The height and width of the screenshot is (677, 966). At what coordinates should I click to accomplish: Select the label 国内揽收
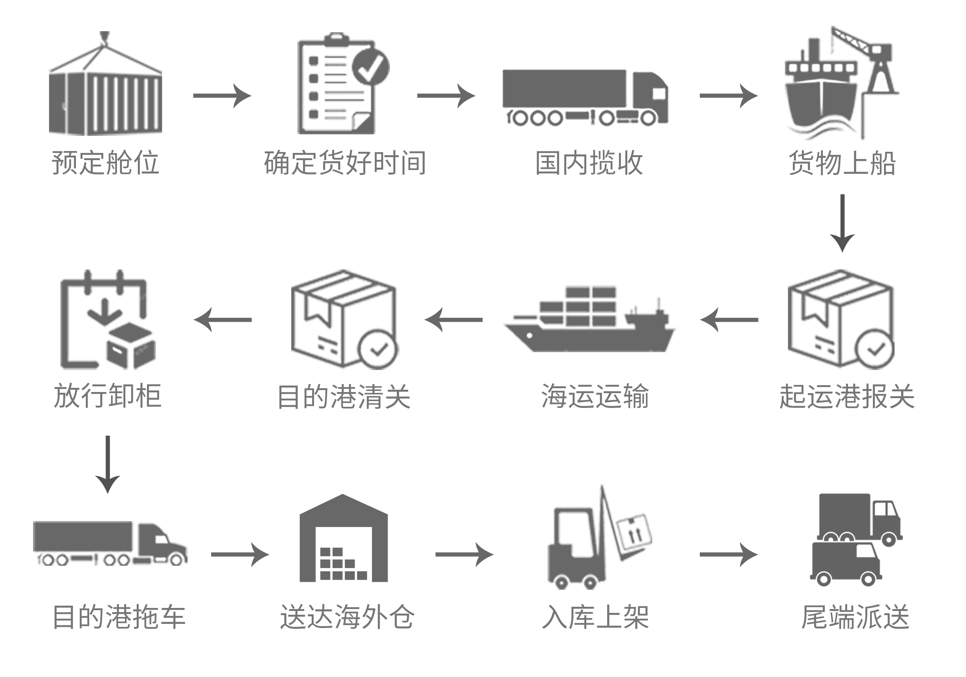pos(589,163)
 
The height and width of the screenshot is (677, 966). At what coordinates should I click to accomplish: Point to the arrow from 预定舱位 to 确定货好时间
pos(222,96)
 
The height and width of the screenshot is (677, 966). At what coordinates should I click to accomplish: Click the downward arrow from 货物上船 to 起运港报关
pos(842,223)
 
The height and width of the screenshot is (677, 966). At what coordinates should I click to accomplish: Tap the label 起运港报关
pos(847,396)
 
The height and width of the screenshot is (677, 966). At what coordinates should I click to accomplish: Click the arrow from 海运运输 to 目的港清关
pos(453,320)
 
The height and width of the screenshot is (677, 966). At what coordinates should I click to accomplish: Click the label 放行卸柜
pos(108,396)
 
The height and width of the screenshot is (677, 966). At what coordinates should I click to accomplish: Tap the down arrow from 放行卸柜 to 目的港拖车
pos(108,464)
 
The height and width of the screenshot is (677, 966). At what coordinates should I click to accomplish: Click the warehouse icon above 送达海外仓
pos(343,540)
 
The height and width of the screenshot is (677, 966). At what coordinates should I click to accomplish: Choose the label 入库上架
pos(596,617)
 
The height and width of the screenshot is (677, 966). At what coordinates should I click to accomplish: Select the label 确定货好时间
pos(345,163)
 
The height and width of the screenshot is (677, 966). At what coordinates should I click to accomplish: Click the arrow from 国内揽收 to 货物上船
pos(728,96)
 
